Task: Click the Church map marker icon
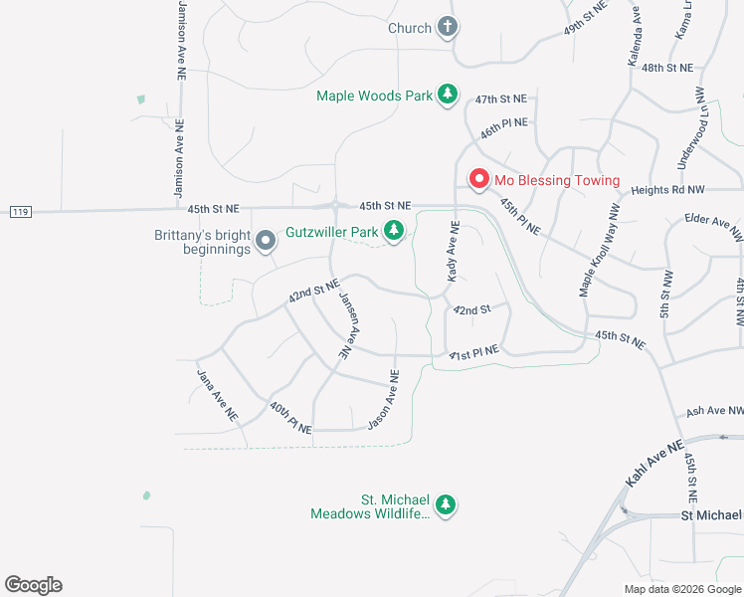(x=448, y=28)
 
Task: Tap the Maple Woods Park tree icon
(x=449, y=96)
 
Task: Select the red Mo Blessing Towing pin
(x=478, y=180)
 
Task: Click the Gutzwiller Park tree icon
(x=395, y=232)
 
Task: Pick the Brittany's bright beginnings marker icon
(x=266, y=241)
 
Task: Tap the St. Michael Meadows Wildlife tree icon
(x=447, y=505)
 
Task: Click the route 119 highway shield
(x=21, y=211)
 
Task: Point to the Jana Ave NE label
(x=217, y=394)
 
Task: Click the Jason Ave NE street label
(x=383, y=400)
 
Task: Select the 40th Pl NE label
(x=290, y=417)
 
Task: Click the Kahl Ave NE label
(x=654, y=463)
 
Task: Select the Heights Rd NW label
(x=667, y=189)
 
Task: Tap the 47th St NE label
(x=499, y=99)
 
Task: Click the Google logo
(x=33, y=585)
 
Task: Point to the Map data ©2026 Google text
(x=681, y=589)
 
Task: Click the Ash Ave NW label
(x=715, y=411)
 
